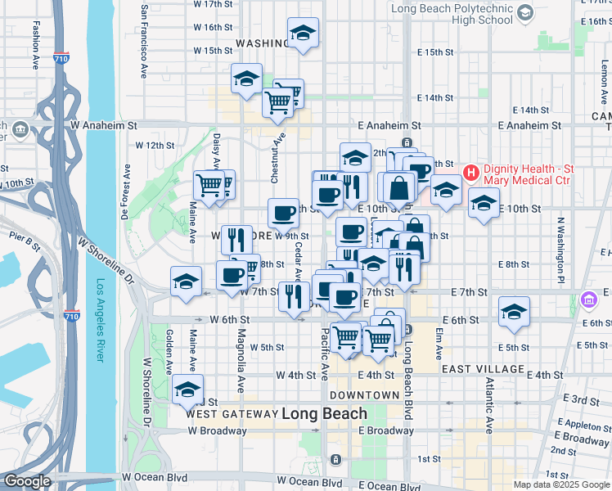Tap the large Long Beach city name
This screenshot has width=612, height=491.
(x=325, y=414)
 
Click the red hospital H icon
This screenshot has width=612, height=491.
(x=470, y=173)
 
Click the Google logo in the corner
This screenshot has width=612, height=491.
(x=26, y=481)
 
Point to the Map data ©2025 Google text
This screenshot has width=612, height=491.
(x=560, y=484)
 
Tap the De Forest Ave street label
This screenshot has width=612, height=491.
(x=127, y=193)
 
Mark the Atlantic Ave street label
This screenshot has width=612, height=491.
(x=488, y=404)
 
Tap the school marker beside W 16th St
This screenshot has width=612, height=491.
(x=303, y=34)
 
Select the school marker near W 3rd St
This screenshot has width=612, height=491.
(x=187, y=390)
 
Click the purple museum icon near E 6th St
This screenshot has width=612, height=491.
(x=587, y=301)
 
